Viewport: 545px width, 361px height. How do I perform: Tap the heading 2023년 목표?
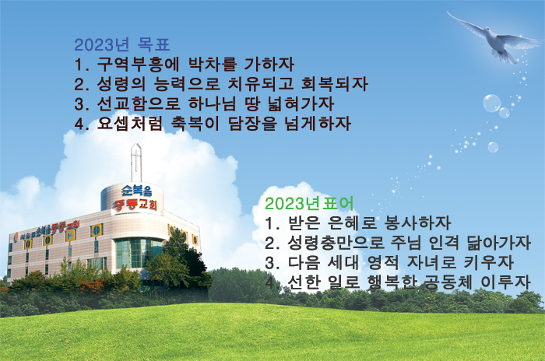pyautogui.click(x=122, y=45)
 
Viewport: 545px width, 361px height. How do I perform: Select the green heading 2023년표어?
pyautogui.click(x=309, y=204)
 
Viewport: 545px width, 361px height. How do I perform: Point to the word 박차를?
pyautogui.click(x=213, y=65)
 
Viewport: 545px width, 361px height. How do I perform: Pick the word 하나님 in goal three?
pyautogui.click(x=212, y=104)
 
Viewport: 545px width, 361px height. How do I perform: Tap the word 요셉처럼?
pyautogui.click(x=130, y=124)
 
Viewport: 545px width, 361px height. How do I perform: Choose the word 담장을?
pyautogui.click(x=252, y=124)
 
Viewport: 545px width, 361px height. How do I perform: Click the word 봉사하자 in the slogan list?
pyautogui.click(x=417, y=223)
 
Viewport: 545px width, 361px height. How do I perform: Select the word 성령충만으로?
pyautogui.click(x=336, y=243)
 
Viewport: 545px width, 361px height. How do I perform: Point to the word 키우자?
pyautogui.click(x=489, y=263)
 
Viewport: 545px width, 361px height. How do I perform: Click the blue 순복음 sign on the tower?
pyautogui.click(x=136, y=191)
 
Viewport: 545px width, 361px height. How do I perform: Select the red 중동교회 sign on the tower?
pyautogui.click(x=135, y=205)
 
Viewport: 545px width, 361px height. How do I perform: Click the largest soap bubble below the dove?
pyautogui.click(x=492, y=103)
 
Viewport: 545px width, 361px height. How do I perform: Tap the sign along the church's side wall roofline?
pyautogui.click(x=47, y=230)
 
